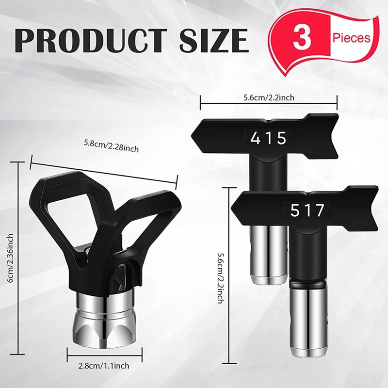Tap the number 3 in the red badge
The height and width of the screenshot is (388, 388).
(302, 38)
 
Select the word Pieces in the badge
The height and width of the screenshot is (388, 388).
(352, 37)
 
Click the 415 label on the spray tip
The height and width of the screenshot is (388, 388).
(268, 139)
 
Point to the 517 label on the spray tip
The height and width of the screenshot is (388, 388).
(307, 211)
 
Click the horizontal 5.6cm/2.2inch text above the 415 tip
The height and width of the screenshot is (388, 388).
(268, 97)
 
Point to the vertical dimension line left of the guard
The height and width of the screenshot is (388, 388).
(19, 257)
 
